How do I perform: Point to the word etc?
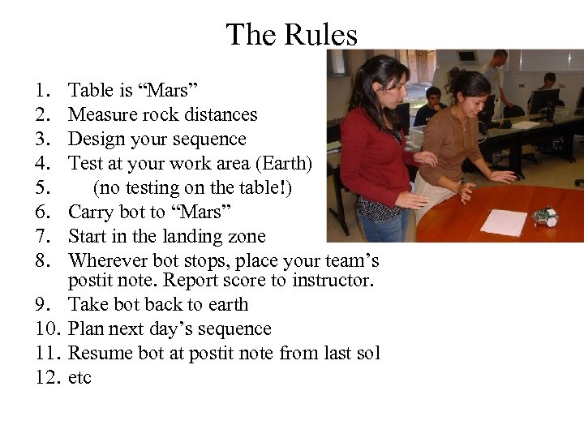(80, 377)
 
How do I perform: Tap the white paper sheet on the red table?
(504, 221)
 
